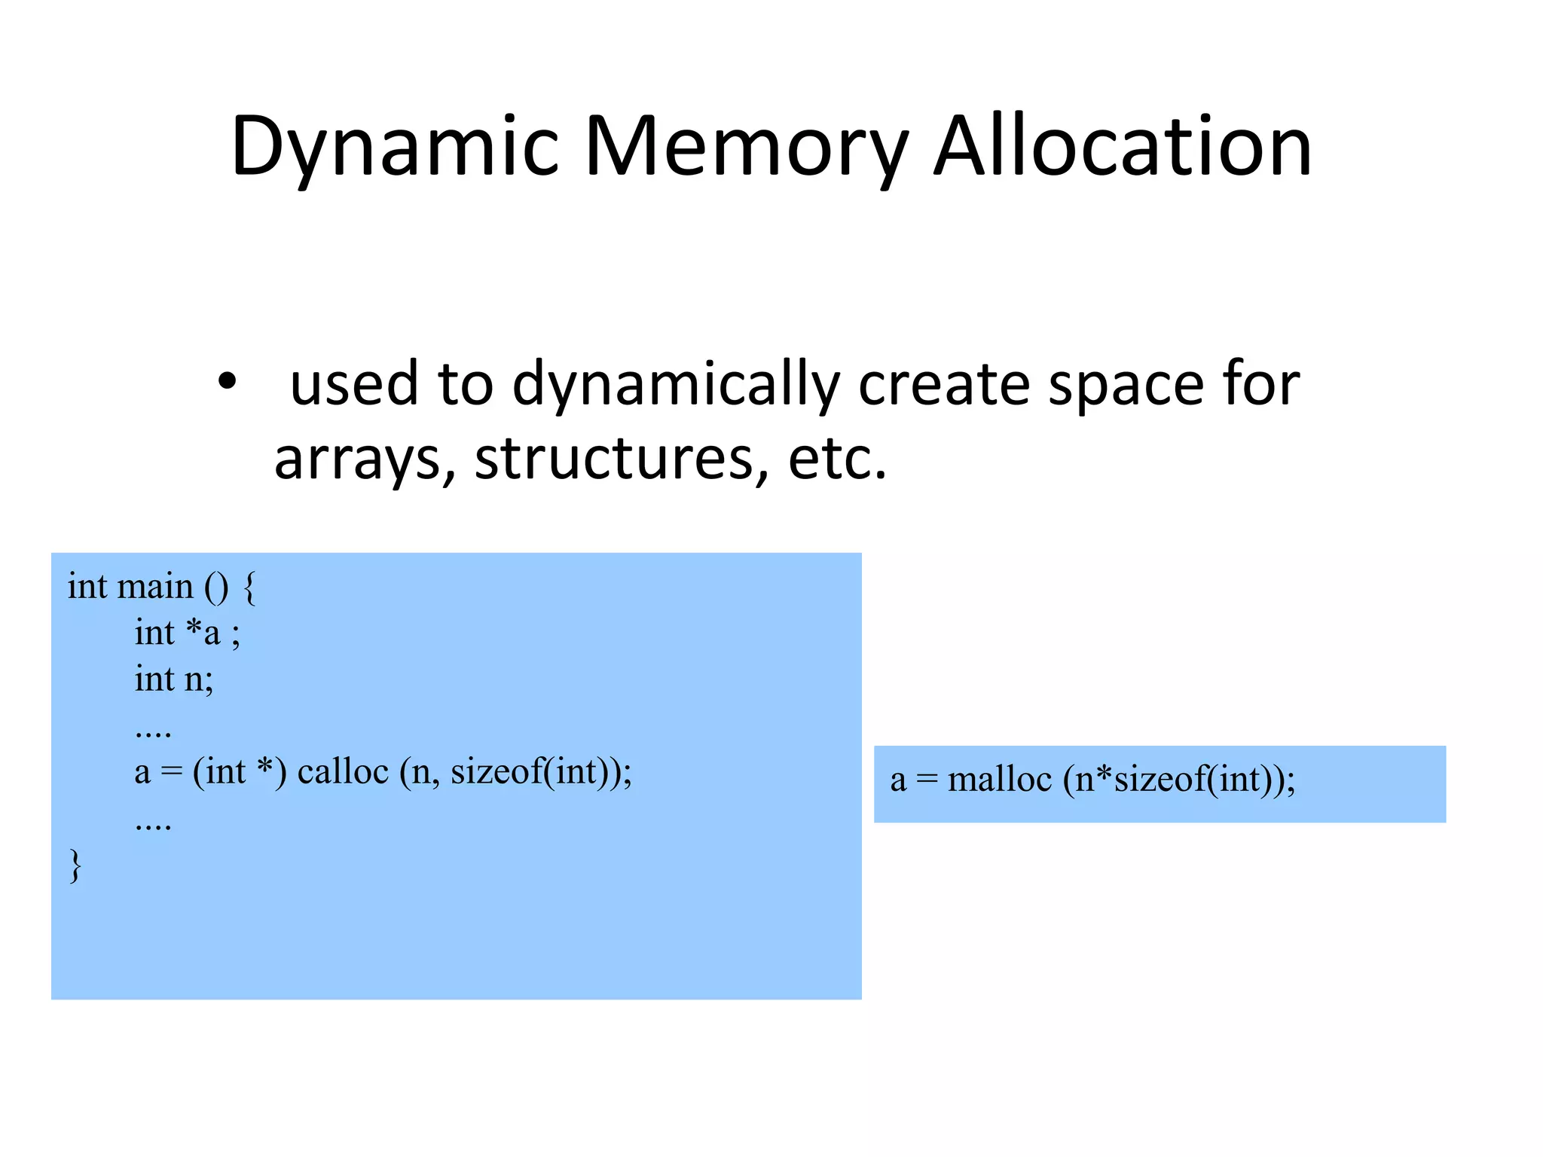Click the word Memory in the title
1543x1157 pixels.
[746, 148]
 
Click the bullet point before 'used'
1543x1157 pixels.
[226, 381]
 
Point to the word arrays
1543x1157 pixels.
[365, 459]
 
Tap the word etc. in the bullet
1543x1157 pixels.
[836, 459]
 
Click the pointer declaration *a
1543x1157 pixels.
[203, 633]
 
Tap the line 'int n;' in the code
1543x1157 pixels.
[174, 679]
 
